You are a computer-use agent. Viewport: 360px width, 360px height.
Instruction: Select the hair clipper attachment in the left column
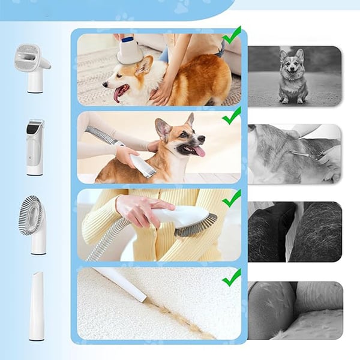35,146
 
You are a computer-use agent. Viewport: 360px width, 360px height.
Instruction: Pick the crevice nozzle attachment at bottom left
37,306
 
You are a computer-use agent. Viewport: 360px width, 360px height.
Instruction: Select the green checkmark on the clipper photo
232,115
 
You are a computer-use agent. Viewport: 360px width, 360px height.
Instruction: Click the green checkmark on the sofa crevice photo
232,277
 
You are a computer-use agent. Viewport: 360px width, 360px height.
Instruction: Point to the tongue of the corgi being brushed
119,94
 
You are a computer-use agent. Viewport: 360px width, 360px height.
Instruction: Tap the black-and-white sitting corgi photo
294,76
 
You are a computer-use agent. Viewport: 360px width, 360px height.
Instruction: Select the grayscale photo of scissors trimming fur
294,154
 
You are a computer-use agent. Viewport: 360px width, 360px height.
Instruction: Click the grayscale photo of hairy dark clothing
294,232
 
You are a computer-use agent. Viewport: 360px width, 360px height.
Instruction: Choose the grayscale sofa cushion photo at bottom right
294,310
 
